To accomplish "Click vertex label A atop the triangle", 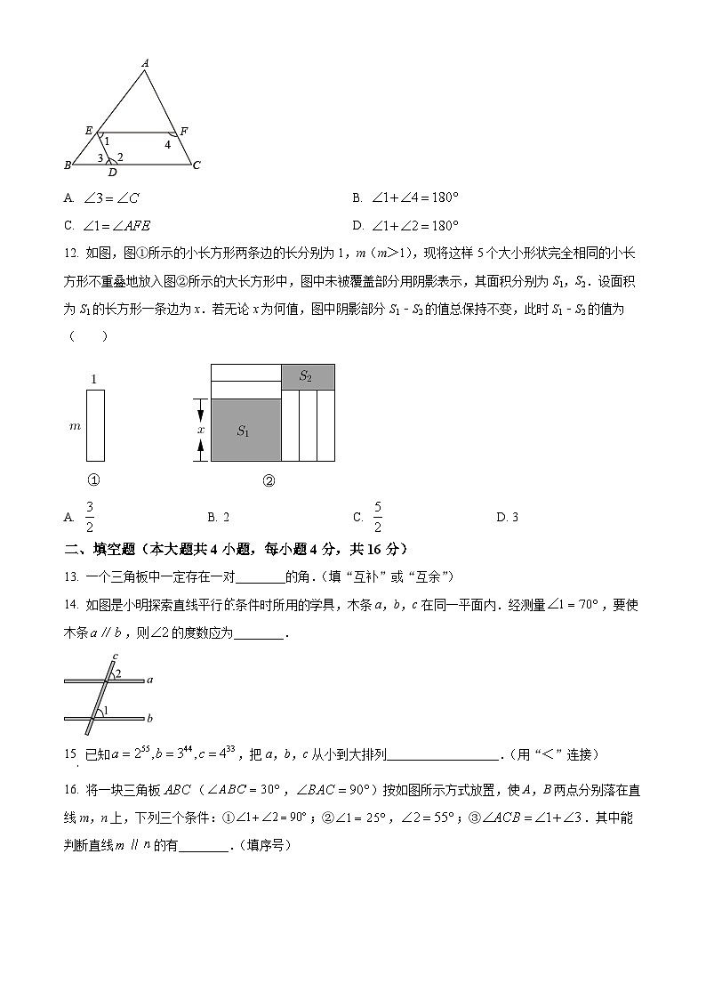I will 145,62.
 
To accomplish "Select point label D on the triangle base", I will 113,173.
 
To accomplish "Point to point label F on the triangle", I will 183,132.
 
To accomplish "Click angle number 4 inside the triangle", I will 167,144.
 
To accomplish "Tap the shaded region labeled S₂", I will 306,376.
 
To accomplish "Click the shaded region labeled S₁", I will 245,431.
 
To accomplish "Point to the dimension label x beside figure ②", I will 201,430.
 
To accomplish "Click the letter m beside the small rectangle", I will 75,426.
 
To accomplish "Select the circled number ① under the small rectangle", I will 94,480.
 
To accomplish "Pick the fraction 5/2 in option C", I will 377,517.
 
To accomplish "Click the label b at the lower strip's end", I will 150,717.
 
